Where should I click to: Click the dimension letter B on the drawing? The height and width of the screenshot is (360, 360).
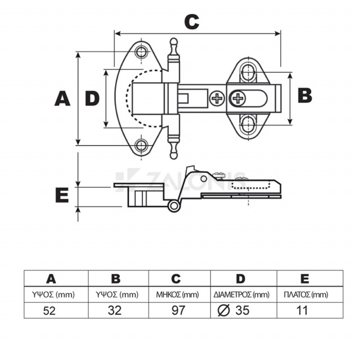tap(304, 95)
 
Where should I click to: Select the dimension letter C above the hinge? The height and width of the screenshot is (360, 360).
tap(192, 21)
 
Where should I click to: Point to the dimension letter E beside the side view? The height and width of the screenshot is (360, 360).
tap(62, 195)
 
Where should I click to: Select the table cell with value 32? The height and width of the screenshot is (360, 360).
tap(116, 310)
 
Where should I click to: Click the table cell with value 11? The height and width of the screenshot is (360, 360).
tap(303, 310)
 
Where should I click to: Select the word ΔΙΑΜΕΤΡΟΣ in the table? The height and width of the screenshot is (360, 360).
tap(233, 294)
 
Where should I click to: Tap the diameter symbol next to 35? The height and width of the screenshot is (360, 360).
tap(223, 310)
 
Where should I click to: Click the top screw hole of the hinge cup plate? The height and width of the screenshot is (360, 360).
tap(141, 52)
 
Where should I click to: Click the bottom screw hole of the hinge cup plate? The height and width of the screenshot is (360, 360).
tap(141, 146)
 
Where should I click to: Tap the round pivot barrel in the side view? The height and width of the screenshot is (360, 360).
tap(174, 206)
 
